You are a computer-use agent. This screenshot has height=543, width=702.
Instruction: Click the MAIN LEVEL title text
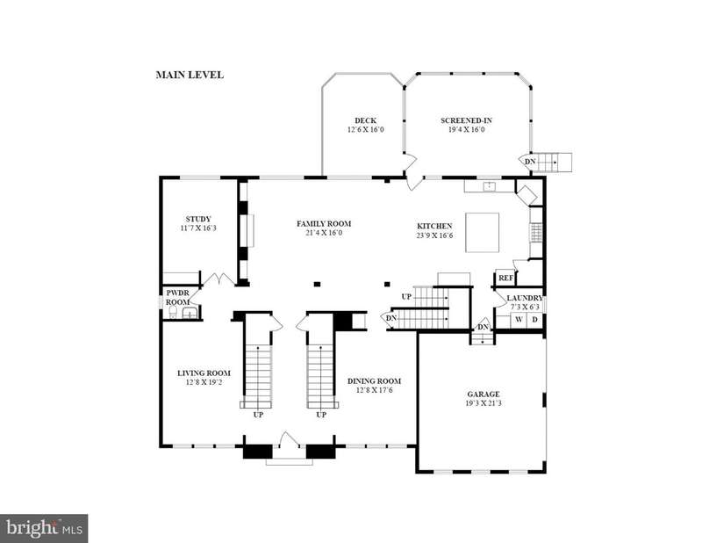coord(190,75)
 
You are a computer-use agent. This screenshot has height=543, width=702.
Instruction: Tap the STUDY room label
coord(198,220)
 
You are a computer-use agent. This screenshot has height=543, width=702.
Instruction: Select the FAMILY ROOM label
coord(324,224)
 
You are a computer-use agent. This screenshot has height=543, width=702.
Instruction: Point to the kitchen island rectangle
coord(482,232)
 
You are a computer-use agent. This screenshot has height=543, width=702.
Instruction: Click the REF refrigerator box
coord(505,278)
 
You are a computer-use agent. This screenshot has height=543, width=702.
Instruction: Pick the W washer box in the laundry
coord(519,320)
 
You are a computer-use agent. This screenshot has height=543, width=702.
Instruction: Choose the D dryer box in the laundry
coord(534,320)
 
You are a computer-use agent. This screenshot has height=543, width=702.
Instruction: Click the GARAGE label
coord(484,395)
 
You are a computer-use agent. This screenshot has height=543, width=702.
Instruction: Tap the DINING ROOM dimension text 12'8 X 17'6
coord(375,390)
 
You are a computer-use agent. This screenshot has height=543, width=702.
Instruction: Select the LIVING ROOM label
coord(204,373)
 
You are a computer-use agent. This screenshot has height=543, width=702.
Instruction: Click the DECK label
coord(365,120)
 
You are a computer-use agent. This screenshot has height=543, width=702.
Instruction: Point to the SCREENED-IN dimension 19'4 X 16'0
coord(466,129)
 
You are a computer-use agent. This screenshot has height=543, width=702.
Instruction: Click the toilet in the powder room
coord(172,313)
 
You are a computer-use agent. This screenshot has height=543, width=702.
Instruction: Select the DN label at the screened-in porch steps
coord(530,162)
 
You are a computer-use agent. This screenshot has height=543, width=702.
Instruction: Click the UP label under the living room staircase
coord(258,415)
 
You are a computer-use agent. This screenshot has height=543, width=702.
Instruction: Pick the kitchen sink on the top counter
coord(490,185)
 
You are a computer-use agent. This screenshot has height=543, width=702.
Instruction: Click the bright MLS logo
coord(44,528)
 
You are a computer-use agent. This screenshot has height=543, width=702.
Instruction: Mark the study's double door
coord(218,279)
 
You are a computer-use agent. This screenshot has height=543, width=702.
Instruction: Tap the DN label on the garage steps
coord(483,327)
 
